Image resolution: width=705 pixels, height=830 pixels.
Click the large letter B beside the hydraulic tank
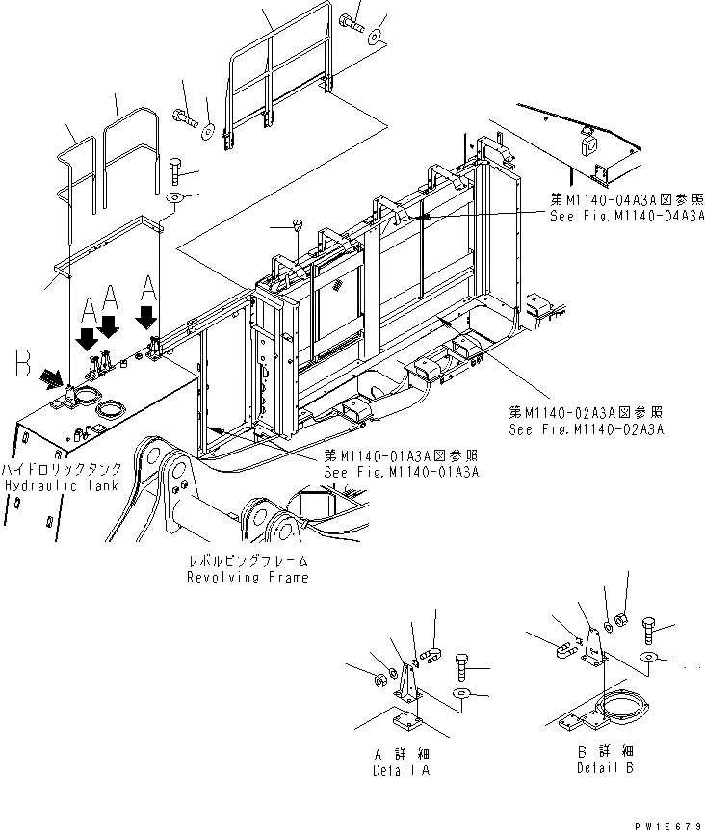tap(22, 365)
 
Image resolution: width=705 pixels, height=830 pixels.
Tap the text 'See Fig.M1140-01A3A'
tap(402, 472)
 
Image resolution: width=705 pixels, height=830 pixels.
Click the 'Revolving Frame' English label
tap(248, 577)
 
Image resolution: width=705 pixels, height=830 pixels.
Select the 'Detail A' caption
tap(401, 771)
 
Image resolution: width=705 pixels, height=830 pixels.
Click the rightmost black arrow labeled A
tap(147, 315)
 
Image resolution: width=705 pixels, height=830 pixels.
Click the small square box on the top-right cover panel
tap(586, 143)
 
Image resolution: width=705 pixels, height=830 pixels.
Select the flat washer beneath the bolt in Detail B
tap(650, 658)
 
